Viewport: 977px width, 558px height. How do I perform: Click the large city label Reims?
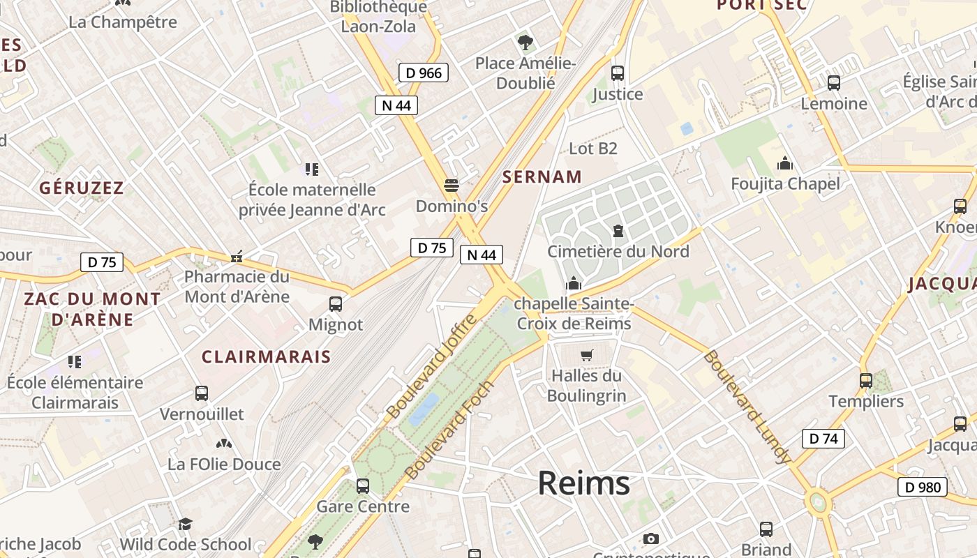(x=583, y=483)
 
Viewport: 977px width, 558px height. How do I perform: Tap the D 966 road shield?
(x=424, y=73)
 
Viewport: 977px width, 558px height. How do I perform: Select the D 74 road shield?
(x=823, y=439)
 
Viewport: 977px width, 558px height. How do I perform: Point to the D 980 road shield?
(x=922, y=487)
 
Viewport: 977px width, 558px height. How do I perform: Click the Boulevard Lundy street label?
(x=747, y=407)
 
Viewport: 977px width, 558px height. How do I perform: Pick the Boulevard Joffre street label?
(x=432, y=366)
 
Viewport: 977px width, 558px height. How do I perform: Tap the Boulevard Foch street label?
(x=449, y=430)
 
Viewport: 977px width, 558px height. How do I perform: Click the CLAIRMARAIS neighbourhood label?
(x=266, y=356)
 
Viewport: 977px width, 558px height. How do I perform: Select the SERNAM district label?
(x=542, y=177)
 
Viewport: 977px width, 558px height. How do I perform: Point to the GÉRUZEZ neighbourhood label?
(x=82, y=188)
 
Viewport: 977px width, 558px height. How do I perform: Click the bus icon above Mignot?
(x=336, y=304)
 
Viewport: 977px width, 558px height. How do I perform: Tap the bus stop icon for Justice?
(x=617, y=73)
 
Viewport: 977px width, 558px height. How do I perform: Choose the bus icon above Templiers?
(x=866, y=381)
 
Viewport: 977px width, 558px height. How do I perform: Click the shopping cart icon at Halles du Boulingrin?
(x=587, y=355)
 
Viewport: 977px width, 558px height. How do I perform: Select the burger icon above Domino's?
(x=452, y=186)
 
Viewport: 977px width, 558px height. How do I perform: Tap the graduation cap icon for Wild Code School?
(x=185, y=524)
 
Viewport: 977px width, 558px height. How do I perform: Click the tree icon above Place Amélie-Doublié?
(x=525, y=43)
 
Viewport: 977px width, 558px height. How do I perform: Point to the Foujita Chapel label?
(x=785, y=184)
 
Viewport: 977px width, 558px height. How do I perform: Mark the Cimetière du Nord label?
(x=618, y=252)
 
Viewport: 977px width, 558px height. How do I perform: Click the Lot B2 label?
(x=593, y=149)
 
